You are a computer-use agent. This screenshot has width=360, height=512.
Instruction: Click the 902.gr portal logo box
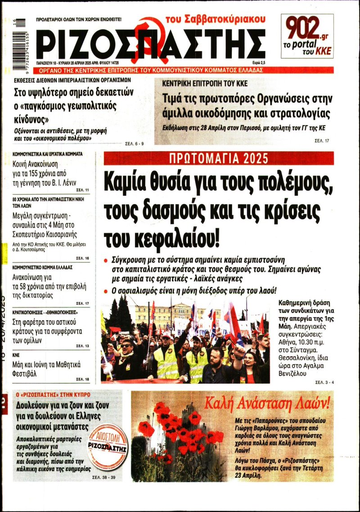click(307, 36)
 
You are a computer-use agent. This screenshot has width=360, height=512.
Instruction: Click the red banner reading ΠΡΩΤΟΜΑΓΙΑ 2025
click(219, 159)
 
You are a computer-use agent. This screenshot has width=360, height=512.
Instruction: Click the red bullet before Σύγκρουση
click(106, 261)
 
